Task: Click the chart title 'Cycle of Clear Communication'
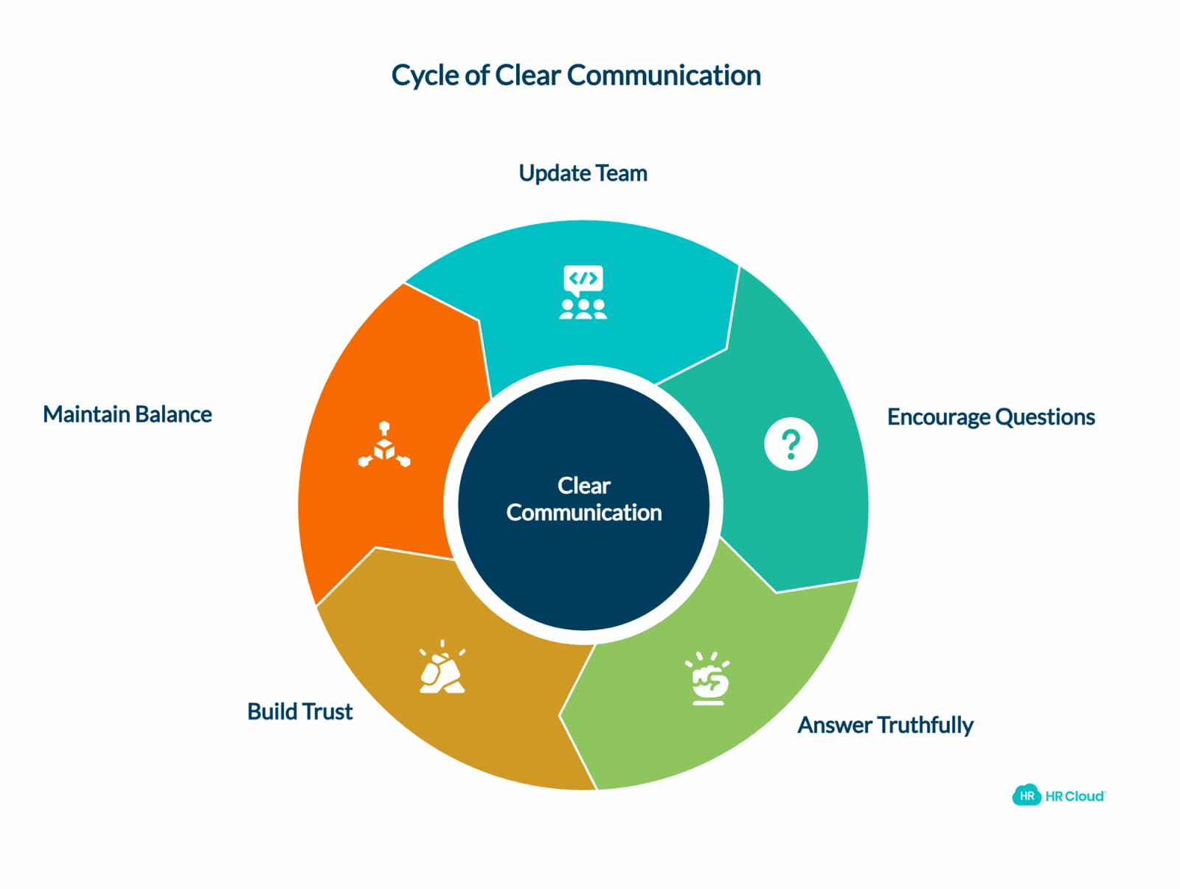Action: click(575, 75)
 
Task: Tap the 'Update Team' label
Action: click(582, 173)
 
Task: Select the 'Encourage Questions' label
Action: click(990, 416)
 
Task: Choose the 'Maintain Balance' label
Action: click(128, 414)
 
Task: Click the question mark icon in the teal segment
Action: click(790, 444)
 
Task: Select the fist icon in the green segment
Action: click(707, 678)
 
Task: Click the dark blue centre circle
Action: click(583, 504)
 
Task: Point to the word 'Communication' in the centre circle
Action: click(583, 512)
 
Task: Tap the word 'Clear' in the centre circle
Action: click(583, 485)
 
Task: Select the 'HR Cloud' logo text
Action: click(1074, 795)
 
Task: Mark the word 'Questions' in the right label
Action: click(1044, 416)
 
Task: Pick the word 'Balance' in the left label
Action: click(173, 414)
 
